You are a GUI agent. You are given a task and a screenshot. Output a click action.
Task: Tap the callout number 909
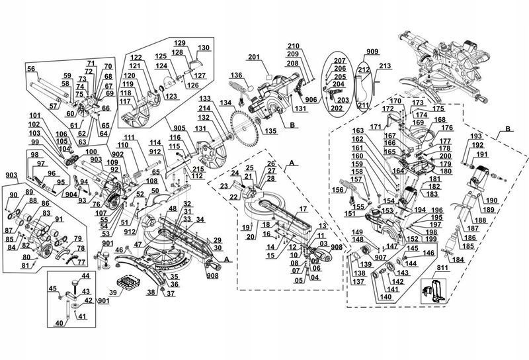[x=372, y=50]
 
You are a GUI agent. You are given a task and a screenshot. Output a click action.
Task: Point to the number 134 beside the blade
[x=227, y=103]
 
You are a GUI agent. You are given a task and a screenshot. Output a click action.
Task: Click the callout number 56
[x=31, y=69]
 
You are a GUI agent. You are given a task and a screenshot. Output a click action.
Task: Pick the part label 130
[x=203, y=48]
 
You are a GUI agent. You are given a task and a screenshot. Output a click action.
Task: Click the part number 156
[x=338, y=190]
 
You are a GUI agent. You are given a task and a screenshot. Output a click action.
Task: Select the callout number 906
[x=312, y=99]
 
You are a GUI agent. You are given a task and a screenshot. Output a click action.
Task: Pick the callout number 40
[x=59, y=323]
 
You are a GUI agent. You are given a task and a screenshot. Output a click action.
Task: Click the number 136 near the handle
[x=236, y=75]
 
